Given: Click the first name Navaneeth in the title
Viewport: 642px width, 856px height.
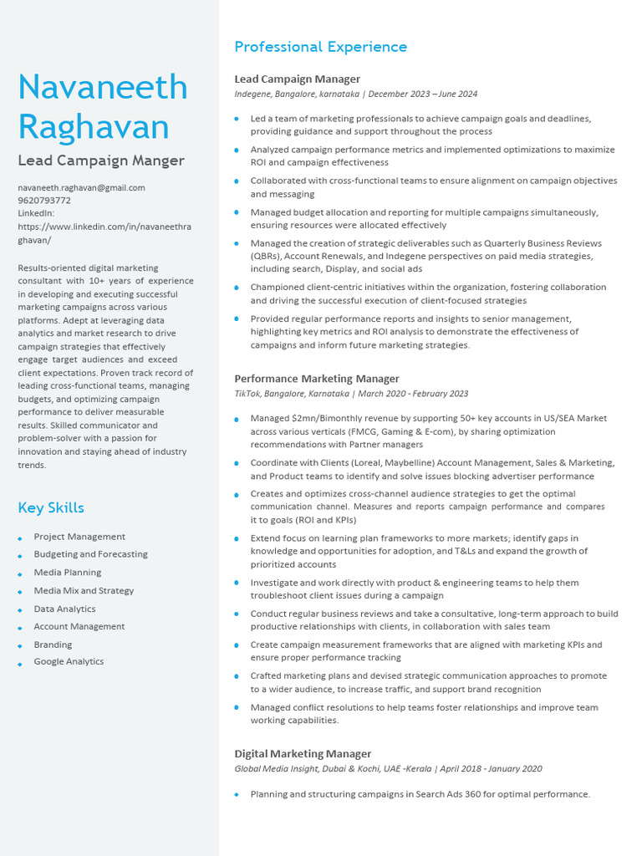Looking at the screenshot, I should pyautogui.click(x=102, y=88).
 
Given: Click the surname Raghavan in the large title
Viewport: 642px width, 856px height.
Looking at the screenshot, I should pyautogui.click(x=94, y=127).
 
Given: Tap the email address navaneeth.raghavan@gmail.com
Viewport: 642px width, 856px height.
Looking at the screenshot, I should pyautogui.click(x=81, y=188).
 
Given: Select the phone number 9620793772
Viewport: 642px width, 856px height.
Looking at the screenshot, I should pyautogui.click(x=44, y=201).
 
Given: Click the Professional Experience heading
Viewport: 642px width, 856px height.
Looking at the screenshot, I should pyautogui.click(x=320, y=47).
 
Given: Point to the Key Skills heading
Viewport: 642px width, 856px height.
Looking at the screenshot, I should pyautogui.click(x=51, y=507).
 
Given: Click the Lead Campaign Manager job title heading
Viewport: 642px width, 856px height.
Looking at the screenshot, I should pyautogui.click(x=297, y=79).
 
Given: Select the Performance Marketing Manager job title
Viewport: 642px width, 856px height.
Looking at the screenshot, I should pyautogui.click(x=317, y=379).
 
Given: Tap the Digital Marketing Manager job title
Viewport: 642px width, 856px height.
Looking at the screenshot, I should pyautogui.click(x=303, y=754).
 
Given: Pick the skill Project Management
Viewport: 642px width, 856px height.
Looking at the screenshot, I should pyautogui.click(x=79, y=537).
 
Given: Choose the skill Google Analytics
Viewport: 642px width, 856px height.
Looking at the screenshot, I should pyautogui.click(x=69, y=662).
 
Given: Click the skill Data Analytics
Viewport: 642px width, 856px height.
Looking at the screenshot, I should pyautogui.click(x=64, y=609).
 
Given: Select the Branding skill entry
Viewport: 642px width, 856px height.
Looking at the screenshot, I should pyautogui.click(x=53, y=645).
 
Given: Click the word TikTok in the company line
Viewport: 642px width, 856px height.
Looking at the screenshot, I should pyautogui.click(x=247, y=394).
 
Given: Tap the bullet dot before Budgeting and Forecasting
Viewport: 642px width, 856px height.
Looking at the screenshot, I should pyautogui.click(x=20, y=555).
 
